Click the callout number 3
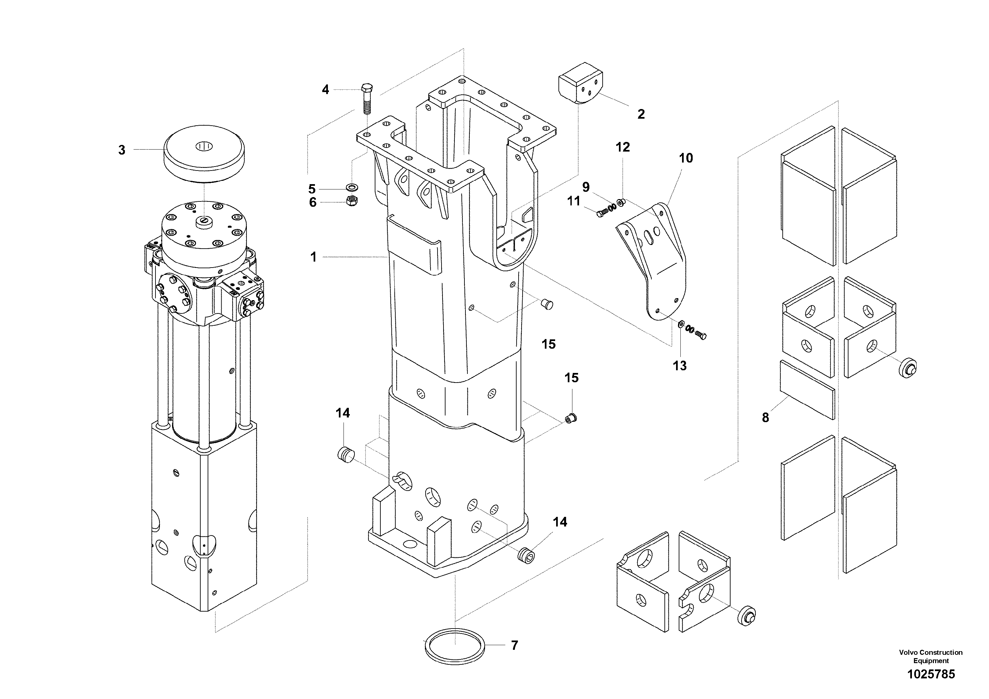coord(122,150)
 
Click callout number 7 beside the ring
coord(514,645)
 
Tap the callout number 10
coord(686,158)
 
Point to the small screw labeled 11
coord(601,213)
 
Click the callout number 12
coord(623,147)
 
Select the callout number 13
coord(680,366)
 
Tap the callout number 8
coord(765,417)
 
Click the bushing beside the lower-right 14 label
coord(526,555)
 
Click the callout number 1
coord(314,257)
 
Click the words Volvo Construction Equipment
coord(931,656)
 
